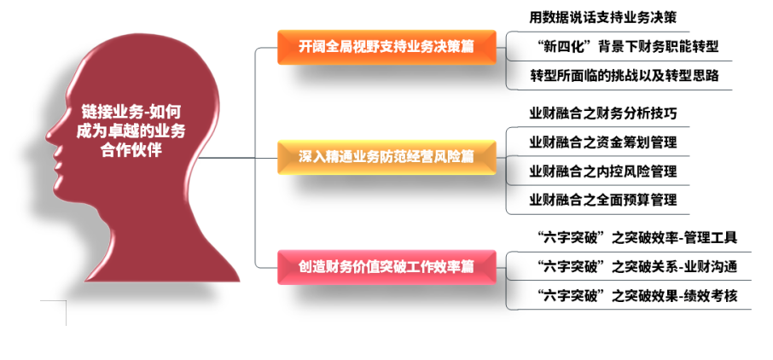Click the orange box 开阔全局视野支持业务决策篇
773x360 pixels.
pyautogui.click(x=386, y=47)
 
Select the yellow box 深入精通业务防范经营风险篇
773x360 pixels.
pyautogui.click(x=386, y=157)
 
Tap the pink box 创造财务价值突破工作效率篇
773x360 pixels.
pyautogui.click(x=386, y=267)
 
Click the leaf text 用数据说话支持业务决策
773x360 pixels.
pyautogui.click(x=602, y=18)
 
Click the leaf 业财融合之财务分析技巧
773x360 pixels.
pyautogui.click(x=603, y=113)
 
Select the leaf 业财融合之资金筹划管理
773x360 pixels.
pyautogui.click(x=603, y=142)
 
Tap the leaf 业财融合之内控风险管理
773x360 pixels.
pyautogui.click(x=603, y=171)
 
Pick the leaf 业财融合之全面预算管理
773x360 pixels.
pyautogui.click(x=603, y=200)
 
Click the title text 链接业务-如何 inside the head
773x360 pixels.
pyautogui.click(x=131, y=112)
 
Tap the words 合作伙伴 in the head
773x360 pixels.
pyautogui.click(x=131, y=150)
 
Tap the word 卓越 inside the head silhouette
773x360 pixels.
pyautogui.click(x=128, y=131)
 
